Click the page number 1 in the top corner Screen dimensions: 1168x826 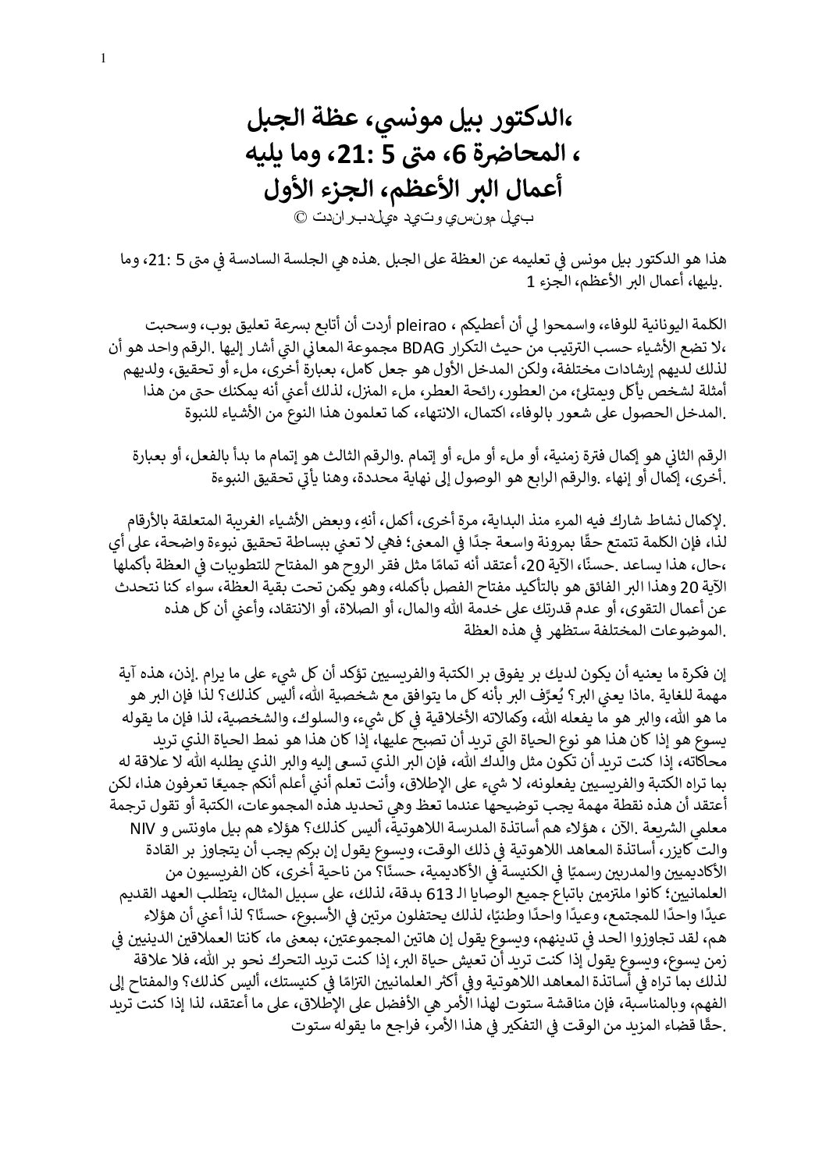103,57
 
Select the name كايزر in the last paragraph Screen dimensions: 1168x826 671,847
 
